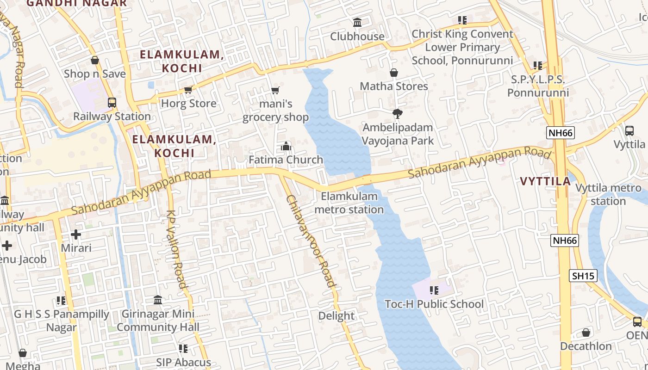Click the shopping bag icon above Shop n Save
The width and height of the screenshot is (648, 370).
[x=95, y=60]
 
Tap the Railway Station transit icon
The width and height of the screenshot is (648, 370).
[x=112, y=103]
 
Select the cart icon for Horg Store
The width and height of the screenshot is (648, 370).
[x=188, y=90]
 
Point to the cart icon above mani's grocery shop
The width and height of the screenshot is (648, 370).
[x=275, y=90]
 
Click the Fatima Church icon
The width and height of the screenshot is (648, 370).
[x=286, y=147]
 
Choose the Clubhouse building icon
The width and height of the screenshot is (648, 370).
[x=357, y=22]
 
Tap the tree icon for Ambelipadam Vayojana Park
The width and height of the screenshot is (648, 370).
[x=397, y=114]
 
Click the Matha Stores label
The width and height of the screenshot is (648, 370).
[x=394, y=86]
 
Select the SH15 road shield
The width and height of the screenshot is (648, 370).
[x=583, y=276]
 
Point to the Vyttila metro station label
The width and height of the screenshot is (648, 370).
[x=608, y=195]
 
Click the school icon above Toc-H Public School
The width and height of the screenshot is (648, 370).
[x=434, y=290]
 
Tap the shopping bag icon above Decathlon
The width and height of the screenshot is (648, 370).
[x=586, y=333]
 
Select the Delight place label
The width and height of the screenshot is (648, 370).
[x=336, y=316]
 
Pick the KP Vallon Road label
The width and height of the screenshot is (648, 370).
[x=176, y=250]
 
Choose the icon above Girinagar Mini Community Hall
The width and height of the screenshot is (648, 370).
[x=158, y=300]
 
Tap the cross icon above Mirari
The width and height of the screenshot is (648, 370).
[x=76, y=234]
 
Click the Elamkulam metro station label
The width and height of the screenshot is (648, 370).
[x=349, y=203]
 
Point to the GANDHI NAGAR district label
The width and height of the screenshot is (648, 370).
[x=76, y=3]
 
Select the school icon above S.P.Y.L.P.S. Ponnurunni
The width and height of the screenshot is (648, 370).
[x=537, y=65]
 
